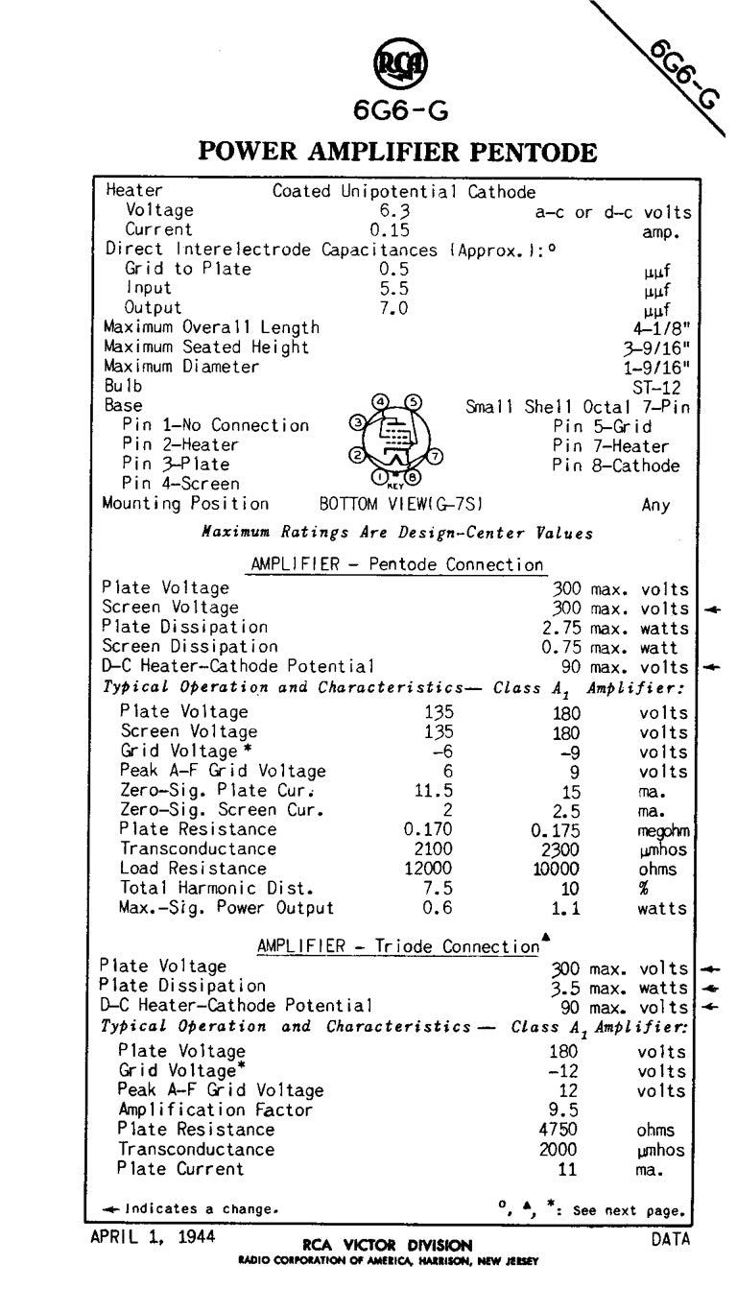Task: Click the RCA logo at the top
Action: point(399,67)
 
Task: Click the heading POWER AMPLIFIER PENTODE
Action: point(397,152)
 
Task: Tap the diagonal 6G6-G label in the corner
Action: point(684,75)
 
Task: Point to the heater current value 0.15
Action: point(390,229)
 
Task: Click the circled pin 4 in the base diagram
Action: point(382,401)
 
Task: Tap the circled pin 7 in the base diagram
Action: point(436,456)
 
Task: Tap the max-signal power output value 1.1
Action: point(566,908)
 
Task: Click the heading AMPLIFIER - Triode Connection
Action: point(399,946)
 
